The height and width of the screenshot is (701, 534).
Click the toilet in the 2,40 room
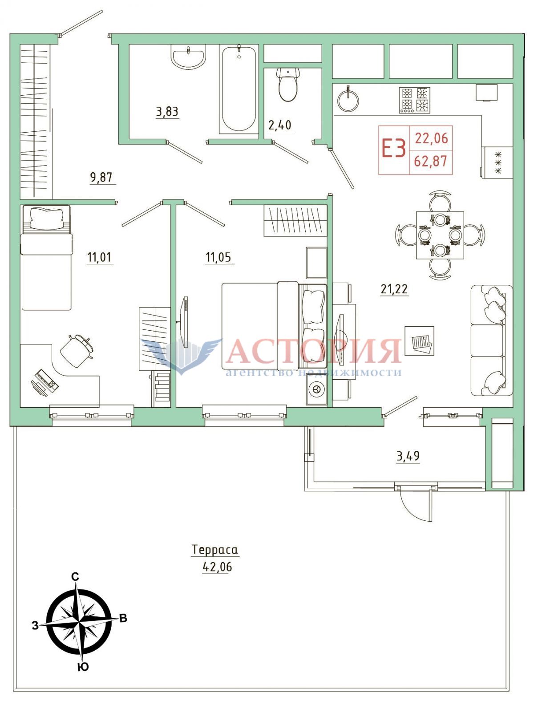(288, 84)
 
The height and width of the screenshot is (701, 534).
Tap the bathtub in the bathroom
(239, 89)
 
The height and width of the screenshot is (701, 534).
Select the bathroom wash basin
(188, 57)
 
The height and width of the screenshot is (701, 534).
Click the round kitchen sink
(348, 100)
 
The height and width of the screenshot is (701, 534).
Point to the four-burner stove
(415, 100)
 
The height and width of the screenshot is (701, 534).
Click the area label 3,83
(167, 113)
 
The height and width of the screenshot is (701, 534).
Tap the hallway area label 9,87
(101, 178)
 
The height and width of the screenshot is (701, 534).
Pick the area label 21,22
(394, 289)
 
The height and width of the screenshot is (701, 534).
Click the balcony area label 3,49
(408, 456)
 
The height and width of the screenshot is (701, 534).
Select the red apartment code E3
(394, 149)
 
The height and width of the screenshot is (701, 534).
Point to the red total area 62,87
(431, 161)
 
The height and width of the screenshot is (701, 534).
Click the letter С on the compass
(75, 577)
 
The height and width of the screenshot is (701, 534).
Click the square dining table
(440, 235)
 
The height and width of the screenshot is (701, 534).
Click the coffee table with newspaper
(419, 340)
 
